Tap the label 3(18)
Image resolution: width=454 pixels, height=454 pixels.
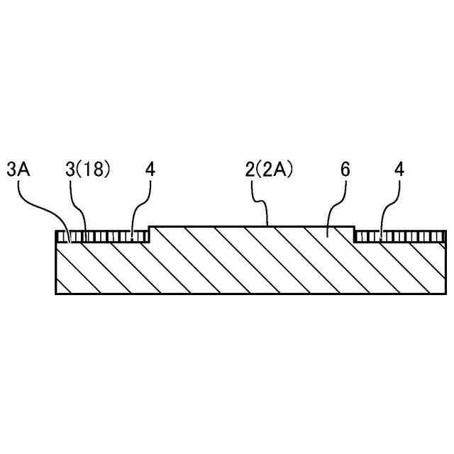(x=89, y=170)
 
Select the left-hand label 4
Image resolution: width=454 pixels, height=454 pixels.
(x=150, y=170)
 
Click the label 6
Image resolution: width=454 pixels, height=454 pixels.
(x=345, y=170)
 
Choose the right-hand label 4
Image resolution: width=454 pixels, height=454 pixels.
(x=399, y=170)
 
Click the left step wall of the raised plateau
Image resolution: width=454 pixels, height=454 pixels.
(x=150, y=234)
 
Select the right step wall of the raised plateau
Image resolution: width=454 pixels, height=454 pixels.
(x=354, y=234)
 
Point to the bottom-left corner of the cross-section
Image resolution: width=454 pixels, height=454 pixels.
(x=56, y=293)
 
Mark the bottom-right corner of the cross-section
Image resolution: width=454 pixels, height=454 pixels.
(x=446, y=293)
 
